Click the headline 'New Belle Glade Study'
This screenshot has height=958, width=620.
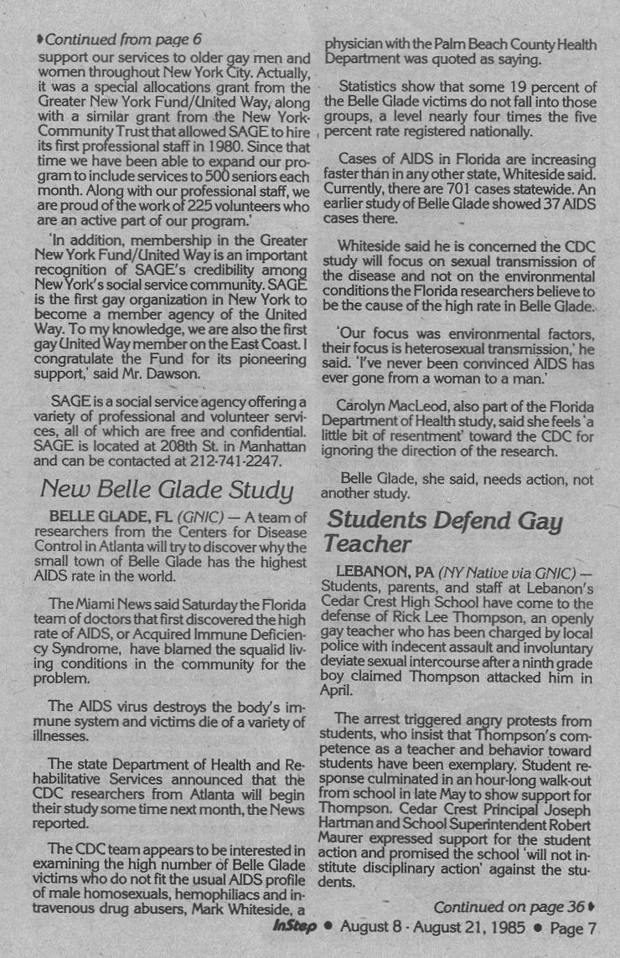(x=166, y=490)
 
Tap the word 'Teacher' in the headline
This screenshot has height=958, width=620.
(x=366, y=544)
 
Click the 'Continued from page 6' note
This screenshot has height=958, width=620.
(x=118, y=39)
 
